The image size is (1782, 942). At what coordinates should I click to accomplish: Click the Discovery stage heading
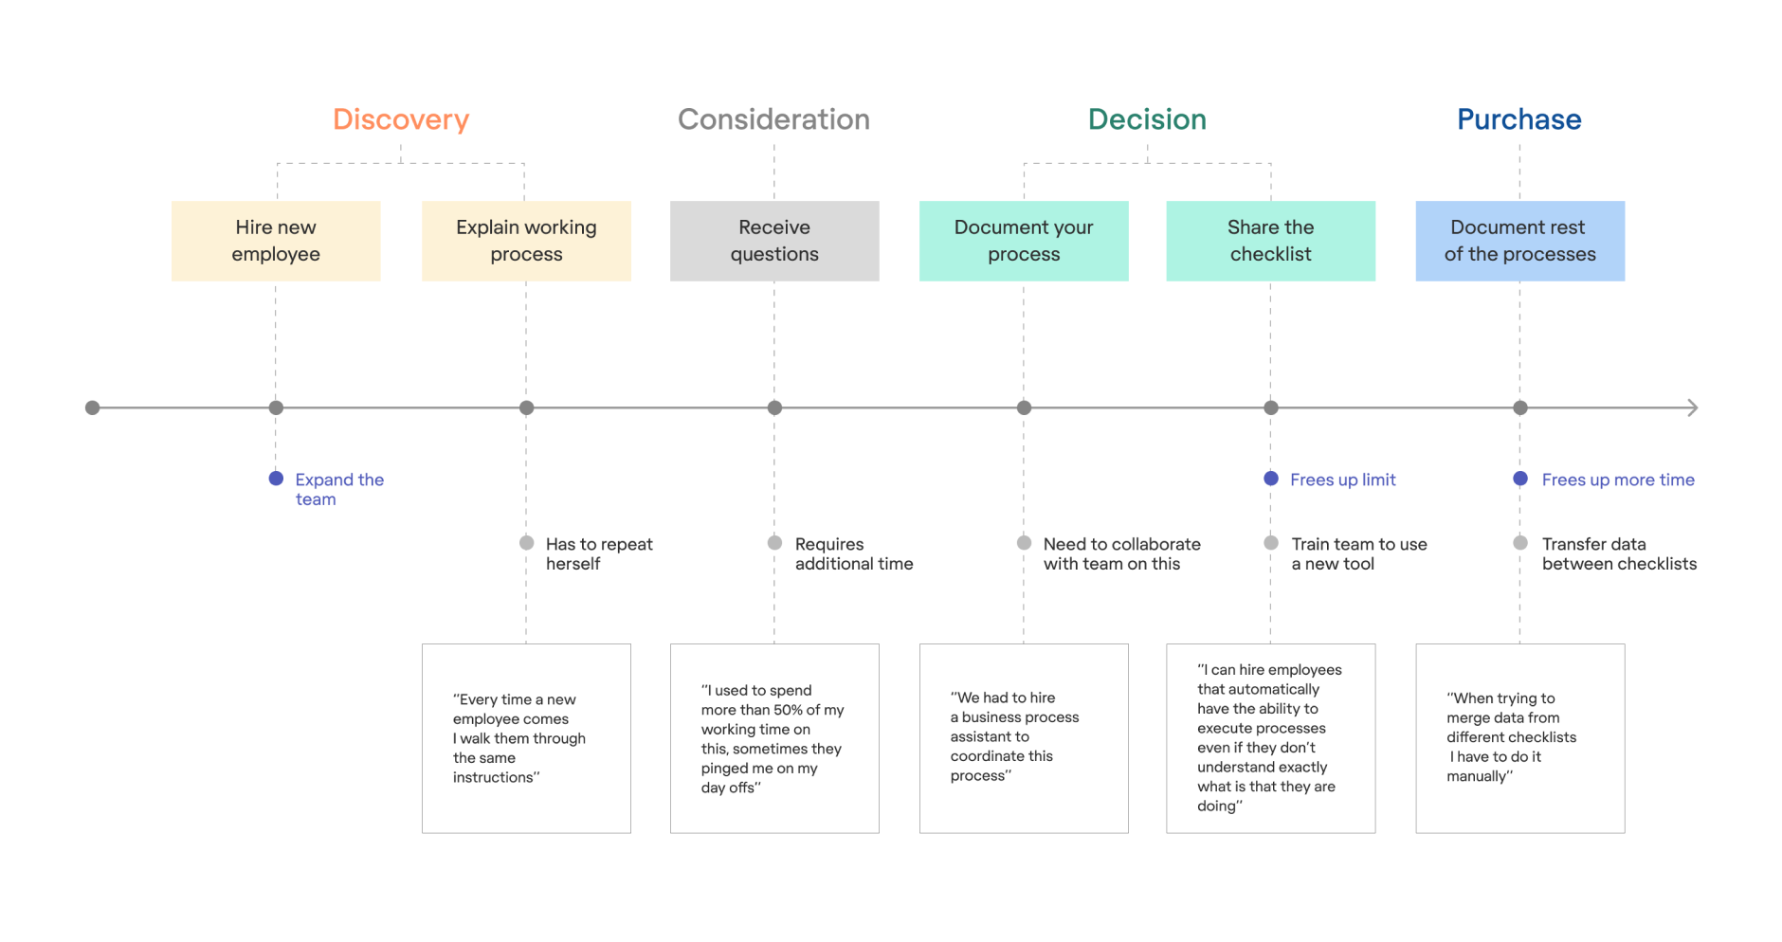point(401,119)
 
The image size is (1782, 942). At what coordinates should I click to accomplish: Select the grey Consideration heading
point(773,119)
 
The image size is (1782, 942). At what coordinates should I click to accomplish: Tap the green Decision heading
point(1147,119)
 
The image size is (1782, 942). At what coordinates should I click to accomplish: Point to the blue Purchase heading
point(1518,119)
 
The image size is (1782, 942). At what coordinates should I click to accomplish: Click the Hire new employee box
point(276,241)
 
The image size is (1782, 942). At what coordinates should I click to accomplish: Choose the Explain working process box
point(526,241)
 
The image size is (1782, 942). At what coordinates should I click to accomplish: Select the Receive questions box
point(774,241)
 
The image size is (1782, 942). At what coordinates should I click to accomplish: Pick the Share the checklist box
point(1270,241)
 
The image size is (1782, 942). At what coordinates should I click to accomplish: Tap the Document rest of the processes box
point(1519,241)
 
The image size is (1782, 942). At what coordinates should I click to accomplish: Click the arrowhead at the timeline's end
point(1692,408)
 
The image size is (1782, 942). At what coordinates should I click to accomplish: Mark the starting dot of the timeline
point(92,408)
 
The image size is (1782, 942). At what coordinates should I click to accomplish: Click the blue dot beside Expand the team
point(276,479)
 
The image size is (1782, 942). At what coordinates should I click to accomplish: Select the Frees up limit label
point(1342,480)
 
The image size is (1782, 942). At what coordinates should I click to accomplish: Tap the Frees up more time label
point(1617,480)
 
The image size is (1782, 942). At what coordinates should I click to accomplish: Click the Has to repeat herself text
point(598,553)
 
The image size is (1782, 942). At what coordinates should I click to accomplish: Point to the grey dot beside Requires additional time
point(774,543)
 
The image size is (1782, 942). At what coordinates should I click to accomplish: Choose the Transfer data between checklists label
point(1618,553)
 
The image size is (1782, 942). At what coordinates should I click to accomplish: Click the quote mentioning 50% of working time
point(773,738)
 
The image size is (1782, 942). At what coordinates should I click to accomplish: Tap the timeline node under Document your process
point(1024,408)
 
